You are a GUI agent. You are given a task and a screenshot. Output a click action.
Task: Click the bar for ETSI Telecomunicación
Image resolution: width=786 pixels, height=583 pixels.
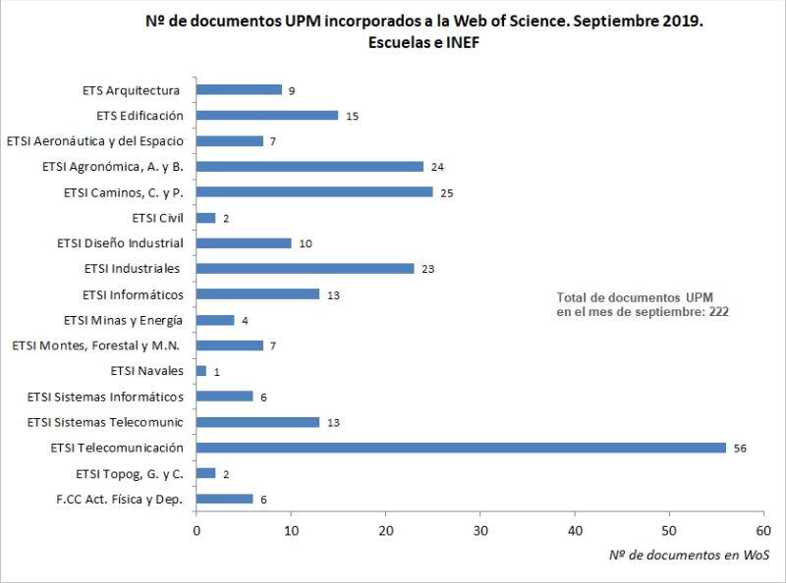click(461, 448)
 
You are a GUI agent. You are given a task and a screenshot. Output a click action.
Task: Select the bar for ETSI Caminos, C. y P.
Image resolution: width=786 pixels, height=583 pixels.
click(314, 191)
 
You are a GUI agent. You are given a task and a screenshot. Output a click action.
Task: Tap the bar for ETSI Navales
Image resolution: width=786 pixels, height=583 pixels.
click(201, 371)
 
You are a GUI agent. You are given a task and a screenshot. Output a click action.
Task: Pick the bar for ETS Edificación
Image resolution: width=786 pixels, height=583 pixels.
click(267, 115)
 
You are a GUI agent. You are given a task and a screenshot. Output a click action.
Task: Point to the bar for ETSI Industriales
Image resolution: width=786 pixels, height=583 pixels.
click(305, 268)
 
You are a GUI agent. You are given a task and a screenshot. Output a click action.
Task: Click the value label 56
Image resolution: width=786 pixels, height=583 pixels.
click(739, 448)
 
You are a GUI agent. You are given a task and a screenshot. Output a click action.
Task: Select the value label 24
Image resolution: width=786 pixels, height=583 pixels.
click(437, 167)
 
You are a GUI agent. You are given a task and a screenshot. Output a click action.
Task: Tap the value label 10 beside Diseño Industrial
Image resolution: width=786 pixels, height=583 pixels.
click(305, 243)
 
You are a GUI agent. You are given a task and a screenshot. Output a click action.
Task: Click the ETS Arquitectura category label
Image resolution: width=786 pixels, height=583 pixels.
click(132, 90)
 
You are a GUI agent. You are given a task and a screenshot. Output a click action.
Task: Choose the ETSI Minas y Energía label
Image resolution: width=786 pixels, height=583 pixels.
click(123, 320)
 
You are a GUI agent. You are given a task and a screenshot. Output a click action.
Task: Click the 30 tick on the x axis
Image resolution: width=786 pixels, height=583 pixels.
click(480, 530)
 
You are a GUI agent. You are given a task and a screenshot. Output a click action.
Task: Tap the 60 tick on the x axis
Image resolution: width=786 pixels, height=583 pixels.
click(763, 530)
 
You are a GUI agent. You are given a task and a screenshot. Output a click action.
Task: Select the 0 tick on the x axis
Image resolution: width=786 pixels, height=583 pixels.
click(196, 530)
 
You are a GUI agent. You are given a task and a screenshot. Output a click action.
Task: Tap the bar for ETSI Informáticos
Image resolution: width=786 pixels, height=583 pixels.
click(257, 293)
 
